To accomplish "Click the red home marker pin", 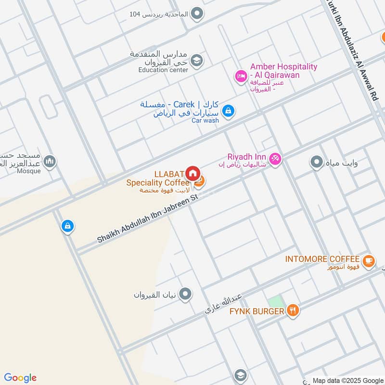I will pos(192,173).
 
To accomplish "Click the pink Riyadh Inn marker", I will pos(275,158).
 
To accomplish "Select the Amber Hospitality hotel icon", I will pos(241,76).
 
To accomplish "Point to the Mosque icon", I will pos(50,162).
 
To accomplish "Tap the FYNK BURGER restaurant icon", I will pos(293,311).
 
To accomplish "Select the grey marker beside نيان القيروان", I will pos(185,294).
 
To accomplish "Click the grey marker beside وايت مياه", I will pos(316,163).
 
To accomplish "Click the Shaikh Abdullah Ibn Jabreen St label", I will pos(148,218).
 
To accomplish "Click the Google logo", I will pos(20,378).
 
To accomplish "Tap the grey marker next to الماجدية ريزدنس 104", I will pos(196,14).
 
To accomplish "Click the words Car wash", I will pos(205,120).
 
